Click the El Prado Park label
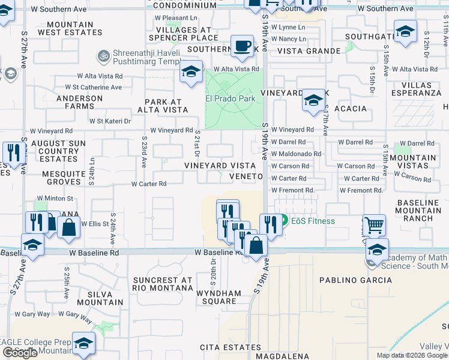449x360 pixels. pos(231,98)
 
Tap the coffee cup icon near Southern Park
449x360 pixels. pos(242,47)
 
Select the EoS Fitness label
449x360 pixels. pos(313,221)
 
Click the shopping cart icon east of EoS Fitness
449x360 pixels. pos(373,226)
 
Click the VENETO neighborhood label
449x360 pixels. pos(246,176)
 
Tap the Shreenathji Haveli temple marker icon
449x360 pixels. pos(102,56)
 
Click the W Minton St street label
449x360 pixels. pos(55,198)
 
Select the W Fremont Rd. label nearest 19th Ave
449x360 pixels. pos(293,190)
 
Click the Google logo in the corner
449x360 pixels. pos(20,353)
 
